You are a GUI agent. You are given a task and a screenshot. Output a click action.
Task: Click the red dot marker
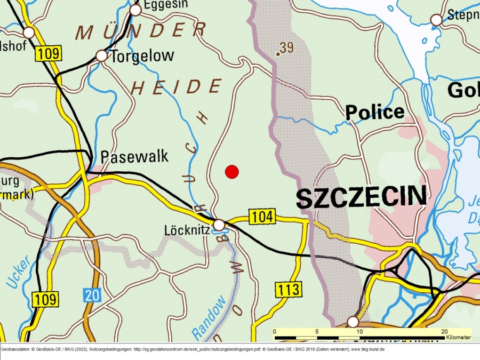pos(231,172)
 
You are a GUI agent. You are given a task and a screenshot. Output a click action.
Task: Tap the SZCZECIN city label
pos(362,197)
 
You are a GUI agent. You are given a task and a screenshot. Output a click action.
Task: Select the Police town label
pos(374,112)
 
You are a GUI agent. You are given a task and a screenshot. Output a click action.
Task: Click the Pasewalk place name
pos(134,157)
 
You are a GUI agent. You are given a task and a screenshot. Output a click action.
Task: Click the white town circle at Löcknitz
pos(219,226)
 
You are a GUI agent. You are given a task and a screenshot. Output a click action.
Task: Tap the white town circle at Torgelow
pos(101,55)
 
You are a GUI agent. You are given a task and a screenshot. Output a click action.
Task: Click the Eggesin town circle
pos(135,10)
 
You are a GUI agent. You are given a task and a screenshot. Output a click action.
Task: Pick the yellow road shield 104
pos(262,216)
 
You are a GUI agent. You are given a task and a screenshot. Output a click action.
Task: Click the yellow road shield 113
pos(289,290)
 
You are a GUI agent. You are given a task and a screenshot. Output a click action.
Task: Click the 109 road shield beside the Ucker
pos(45,299)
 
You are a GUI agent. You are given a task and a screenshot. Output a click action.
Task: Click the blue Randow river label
pos(209,318)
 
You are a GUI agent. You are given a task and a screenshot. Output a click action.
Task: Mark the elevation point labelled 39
pos(278,54)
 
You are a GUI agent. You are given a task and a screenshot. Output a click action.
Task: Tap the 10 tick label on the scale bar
pos(359,332)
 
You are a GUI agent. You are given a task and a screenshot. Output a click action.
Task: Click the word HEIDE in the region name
pos(177,87)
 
